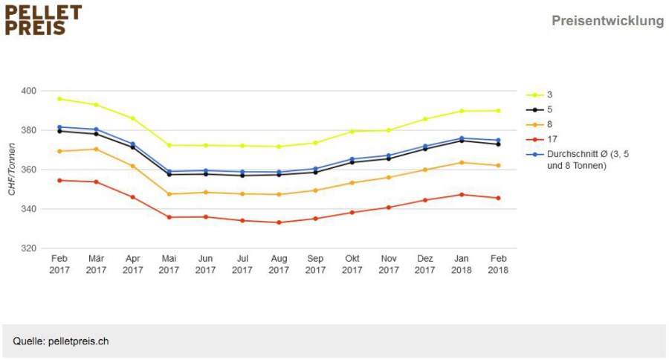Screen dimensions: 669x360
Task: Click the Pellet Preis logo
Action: pos(43,20)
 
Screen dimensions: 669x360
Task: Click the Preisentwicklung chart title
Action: pos(607,21)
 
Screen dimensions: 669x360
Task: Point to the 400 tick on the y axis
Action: pos(28,91)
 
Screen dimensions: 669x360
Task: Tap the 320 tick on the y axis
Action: pos(28,248)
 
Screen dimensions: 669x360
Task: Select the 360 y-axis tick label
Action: pos(28,170)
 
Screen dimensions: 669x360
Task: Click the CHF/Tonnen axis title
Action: pos(11,169)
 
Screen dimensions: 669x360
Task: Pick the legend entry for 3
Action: pos(540,94)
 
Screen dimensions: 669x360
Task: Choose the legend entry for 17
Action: pos(542,139)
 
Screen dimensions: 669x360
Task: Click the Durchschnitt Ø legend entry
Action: pos(578,160)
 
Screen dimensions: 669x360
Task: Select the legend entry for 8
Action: pos(540,124)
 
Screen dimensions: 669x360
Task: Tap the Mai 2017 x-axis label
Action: pos(169,264)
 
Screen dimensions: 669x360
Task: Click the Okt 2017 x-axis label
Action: pos(352,264)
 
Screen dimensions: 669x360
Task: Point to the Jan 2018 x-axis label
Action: pos(462,264)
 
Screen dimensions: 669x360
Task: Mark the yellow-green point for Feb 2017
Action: pos(59,99)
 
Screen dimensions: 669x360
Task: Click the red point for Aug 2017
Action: pos(279,222)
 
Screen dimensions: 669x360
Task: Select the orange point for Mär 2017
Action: pos(96,149)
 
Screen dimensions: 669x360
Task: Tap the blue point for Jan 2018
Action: pos(462,138)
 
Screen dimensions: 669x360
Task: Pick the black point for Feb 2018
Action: pos(498,144)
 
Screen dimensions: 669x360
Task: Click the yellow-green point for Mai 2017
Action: pos(169,145)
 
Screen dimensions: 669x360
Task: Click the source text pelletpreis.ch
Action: pos(79,341)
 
